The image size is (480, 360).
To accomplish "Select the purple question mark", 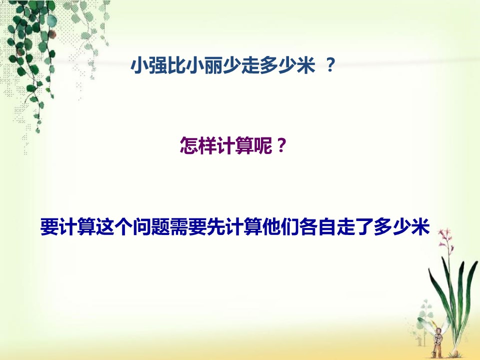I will click(x=281, y=146).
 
